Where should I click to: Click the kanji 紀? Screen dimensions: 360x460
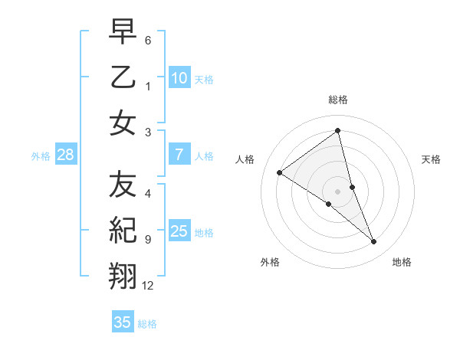(x=123, y=230)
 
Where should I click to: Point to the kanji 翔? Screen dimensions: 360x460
(x=123, y=275)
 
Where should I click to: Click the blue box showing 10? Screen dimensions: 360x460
(x=179, y=78)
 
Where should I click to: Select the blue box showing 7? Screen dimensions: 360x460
(x=179, y=155)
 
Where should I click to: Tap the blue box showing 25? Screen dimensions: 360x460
(x=179, y=231)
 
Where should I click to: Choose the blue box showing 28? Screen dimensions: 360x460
(x=65, y=155)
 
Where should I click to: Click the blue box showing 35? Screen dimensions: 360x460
(x=123, y=322)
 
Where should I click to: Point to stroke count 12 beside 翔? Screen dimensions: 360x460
(x=148, y=286)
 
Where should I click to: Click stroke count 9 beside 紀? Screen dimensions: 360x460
(x=148, y=240)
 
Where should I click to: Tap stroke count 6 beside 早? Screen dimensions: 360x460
(x=148, y=40)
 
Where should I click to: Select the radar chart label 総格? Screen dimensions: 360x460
(x=338, y=100)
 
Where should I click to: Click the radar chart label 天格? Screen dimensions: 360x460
(x=431, y=159)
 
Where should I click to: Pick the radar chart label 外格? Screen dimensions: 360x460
(x=269, y=262)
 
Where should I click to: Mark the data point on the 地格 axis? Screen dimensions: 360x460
(x=374, y=242)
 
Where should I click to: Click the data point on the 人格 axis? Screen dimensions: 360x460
(x=280, y=172)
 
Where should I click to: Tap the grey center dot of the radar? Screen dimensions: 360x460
(x=338, y=191)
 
